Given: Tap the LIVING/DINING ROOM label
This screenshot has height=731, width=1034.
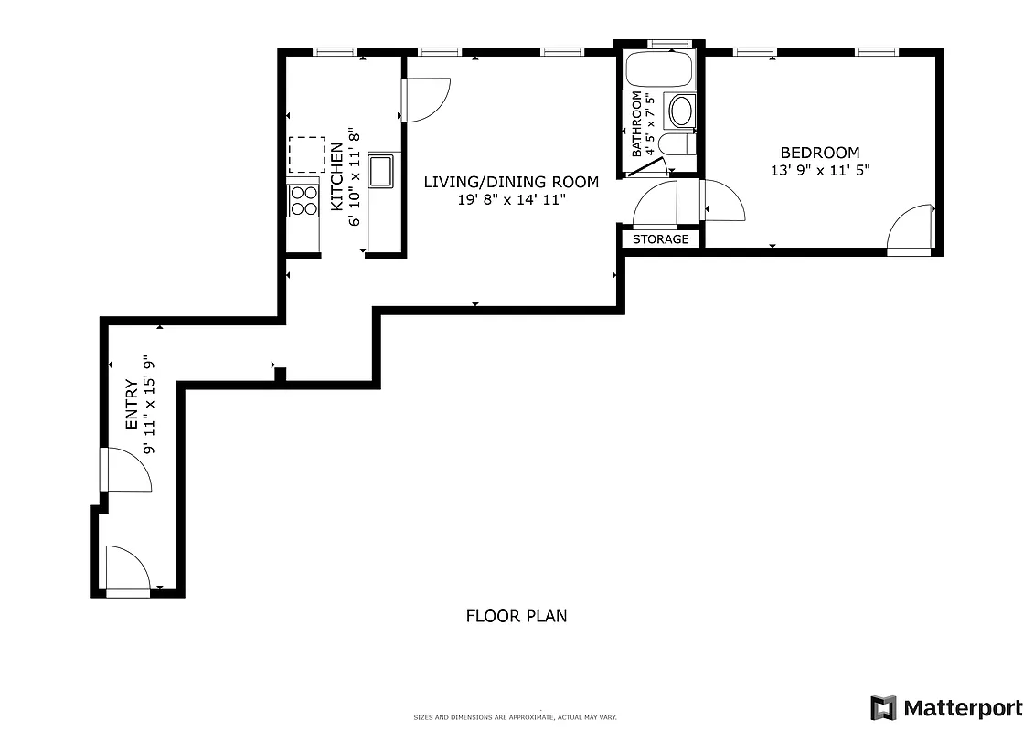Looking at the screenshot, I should coord(511,182).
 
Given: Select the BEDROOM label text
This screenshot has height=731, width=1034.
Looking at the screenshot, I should coord(819,153).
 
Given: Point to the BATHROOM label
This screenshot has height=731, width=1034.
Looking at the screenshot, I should coord(636,123).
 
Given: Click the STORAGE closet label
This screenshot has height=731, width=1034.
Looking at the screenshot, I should coord(661,239).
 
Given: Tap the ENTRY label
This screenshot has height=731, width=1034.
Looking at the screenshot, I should coord(131,405).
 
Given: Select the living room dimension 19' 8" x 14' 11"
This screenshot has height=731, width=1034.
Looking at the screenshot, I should coord(512,199).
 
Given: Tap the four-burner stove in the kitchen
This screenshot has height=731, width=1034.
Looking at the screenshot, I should coord(303,200).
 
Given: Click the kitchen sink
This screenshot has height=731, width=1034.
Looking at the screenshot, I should coord(380,171).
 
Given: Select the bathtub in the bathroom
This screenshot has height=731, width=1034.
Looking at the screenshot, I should coord(660,70).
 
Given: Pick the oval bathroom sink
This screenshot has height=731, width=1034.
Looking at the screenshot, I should coord(682,111).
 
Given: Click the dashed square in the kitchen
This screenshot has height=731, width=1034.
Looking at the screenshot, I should coord(306,154).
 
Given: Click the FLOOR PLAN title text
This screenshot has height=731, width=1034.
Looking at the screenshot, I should coord(517,616).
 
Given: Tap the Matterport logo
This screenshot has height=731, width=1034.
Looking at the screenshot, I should coord(946,707).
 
